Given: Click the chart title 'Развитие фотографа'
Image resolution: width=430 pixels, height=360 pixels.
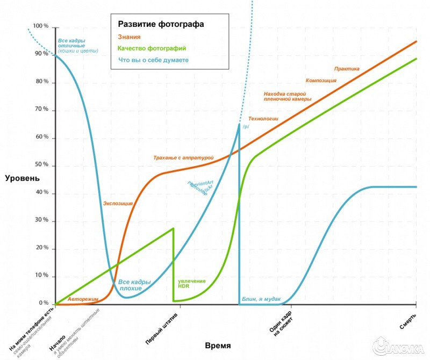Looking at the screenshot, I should [x=161, y=25].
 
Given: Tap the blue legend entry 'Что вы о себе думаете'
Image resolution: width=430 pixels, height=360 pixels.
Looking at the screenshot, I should [x=153, y=60].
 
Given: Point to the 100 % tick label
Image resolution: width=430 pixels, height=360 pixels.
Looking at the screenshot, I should [x=40, y=26].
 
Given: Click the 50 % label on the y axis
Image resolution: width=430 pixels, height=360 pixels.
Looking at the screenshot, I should [x=41, y=165].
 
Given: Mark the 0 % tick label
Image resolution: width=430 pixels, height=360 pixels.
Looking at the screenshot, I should [x=44, y=303].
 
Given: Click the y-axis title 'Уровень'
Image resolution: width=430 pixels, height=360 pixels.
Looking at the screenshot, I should [x=22, y=178].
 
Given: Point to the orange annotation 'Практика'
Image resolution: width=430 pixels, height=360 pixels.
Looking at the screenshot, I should [x=347, y=69].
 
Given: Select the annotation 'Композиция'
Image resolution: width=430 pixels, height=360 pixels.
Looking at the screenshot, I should [x=321, y=81].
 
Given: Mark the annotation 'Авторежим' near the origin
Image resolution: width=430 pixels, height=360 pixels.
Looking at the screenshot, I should [x=83, y=298].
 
